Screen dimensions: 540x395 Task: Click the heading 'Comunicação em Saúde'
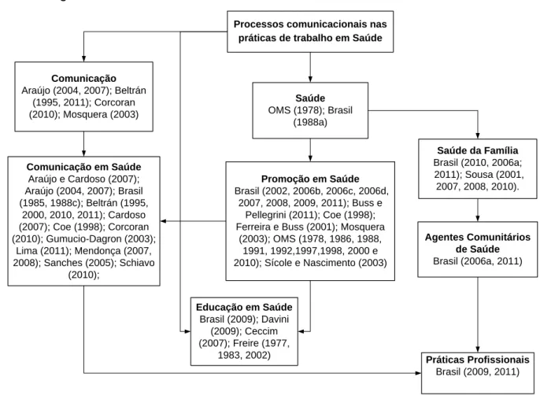[83, 167]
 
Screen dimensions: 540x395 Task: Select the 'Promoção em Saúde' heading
[310, 179]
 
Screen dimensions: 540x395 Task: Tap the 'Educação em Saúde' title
[244, 307]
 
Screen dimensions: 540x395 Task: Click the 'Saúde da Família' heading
[477, 150]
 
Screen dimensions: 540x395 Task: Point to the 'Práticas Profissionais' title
[477, 360]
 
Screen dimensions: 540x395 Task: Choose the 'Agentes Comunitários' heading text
[477, 238]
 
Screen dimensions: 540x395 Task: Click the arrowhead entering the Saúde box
[310, 79]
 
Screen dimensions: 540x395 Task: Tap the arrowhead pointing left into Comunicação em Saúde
[164, 221]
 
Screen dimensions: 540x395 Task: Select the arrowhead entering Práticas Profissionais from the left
[418, 373]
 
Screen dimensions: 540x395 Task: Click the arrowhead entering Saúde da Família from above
[478, 135]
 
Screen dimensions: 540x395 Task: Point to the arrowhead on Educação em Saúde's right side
[301, 331]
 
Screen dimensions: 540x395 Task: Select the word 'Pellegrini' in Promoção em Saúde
[265, 216]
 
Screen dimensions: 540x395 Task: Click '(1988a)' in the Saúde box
[310, 123]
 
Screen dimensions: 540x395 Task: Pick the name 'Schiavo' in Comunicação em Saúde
[137, 263]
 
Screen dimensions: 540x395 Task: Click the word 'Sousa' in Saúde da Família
[479, 175]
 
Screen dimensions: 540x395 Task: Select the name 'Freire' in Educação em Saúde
[246, 343]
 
